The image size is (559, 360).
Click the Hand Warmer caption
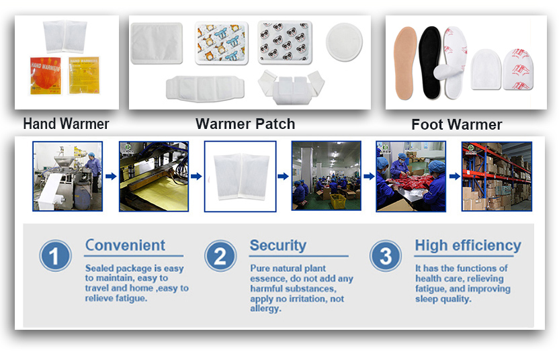click(66, 124)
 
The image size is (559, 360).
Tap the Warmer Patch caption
click(245, 124)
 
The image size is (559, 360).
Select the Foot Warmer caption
click(457, 124)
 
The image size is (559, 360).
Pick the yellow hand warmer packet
click(85, 76)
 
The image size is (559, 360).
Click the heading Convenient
click(125, 245)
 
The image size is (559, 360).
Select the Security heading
click(277, 245)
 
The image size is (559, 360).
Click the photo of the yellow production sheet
click(154, 176)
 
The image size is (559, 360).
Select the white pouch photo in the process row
click(240, 176)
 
